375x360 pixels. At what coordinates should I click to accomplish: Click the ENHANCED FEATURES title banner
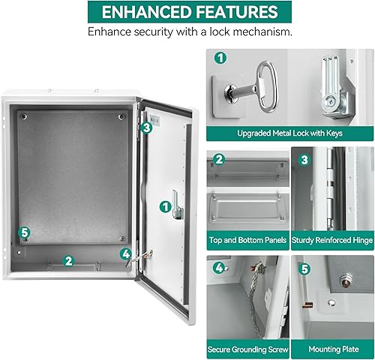[x=187, y=12]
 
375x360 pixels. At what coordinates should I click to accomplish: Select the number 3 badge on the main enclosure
[x=146, y=127]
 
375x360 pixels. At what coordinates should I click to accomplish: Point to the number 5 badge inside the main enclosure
[x=24, y=232]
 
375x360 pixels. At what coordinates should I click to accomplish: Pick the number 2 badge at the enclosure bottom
[x=68, y=261]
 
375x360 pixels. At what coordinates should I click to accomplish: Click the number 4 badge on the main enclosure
[x=125, y=253]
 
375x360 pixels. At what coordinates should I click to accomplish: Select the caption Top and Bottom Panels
[x=247, y=241]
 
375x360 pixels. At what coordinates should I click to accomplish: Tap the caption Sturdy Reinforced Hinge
[x=331, y=241]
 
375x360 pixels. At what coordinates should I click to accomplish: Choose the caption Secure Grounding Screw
[x=247, y=349]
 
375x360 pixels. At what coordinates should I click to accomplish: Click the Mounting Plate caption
[x=331, y=349]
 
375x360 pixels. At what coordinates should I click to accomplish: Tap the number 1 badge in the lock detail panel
[x=220, y=58]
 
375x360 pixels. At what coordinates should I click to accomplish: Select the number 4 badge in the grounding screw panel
[x=219, y=267]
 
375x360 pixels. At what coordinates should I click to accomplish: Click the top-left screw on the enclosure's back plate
[x=24, y=116]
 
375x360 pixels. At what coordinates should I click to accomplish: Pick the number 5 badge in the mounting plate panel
[x=303, y=267]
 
